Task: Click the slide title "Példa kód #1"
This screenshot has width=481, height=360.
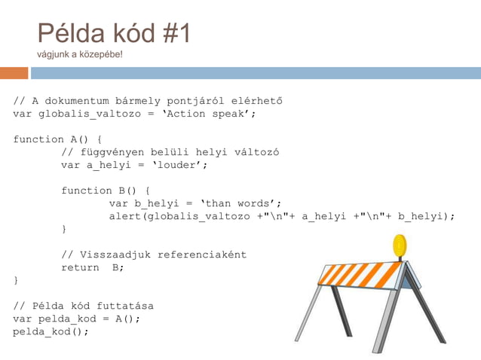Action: [114, 33]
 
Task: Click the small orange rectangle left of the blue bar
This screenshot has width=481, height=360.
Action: [14, 73]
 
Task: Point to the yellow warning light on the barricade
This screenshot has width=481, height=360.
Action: [400, 245]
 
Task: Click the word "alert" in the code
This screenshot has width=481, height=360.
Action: [124, 216]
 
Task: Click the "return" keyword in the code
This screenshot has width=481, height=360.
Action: [79, 267]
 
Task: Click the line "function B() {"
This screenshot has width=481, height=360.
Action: [106, 191]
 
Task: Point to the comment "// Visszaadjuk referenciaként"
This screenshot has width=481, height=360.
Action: [154, 255]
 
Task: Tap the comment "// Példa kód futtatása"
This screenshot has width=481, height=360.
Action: [83, 306]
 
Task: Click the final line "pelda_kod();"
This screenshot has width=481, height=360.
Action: [51, 331]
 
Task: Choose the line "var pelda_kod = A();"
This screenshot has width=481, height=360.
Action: [76, 319]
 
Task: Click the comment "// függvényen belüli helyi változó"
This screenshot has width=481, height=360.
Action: [170, 152]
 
